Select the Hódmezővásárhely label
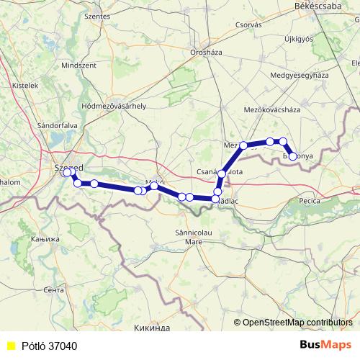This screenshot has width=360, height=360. pos(114,106)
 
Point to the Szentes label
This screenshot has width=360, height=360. pos(97,15)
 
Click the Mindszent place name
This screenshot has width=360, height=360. pos(78,65)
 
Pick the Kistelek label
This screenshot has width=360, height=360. pos(26,85)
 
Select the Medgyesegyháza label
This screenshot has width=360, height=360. pos(299,76)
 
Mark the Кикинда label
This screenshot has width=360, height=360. pos(152,328)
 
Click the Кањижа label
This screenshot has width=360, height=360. pos(47,238)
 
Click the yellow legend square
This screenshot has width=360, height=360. pos(9,346)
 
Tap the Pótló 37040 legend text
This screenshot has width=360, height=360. pos(49,346)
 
